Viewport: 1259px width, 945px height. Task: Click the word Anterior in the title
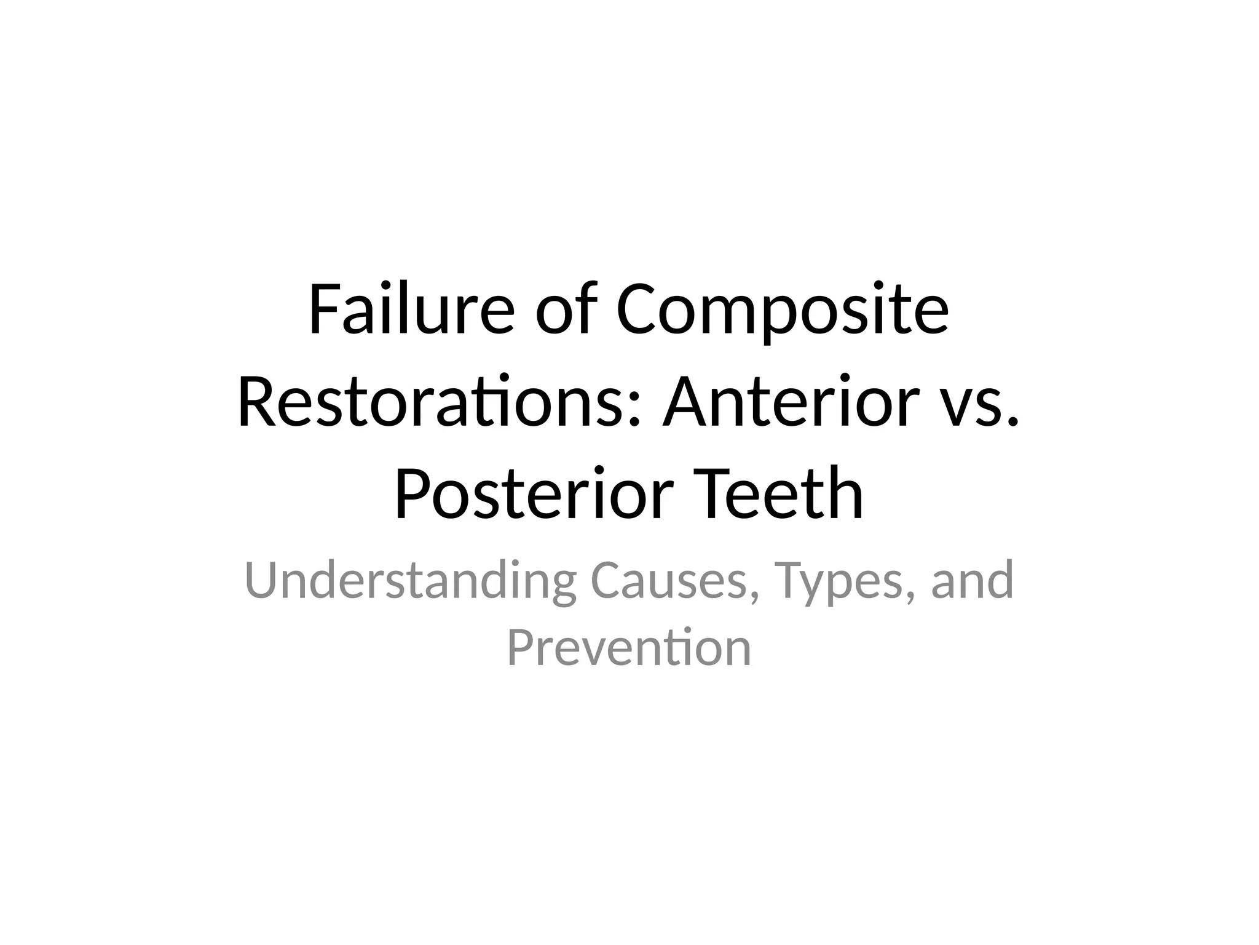(x=777, y=402)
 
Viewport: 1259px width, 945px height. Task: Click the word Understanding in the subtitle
(x=410, y=581)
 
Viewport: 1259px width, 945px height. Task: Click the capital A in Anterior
(x=683, y=402)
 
